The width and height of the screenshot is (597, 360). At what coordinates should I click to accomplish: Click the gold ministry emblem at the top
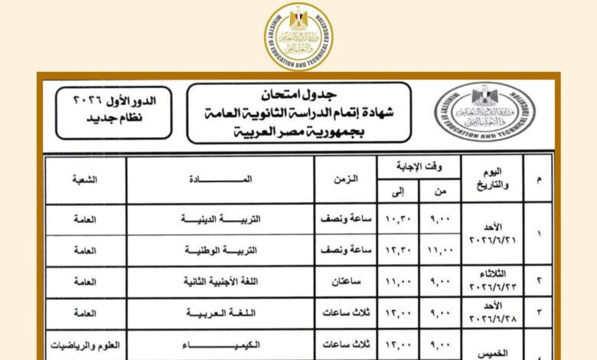(x=298, y=37)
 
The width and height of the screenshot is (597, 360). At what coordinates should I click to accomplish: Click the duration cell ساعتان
(x=345, y=281)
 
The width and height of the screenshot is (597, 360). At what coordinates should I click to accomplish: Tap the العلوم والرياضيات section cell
(x=84, y=345)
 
